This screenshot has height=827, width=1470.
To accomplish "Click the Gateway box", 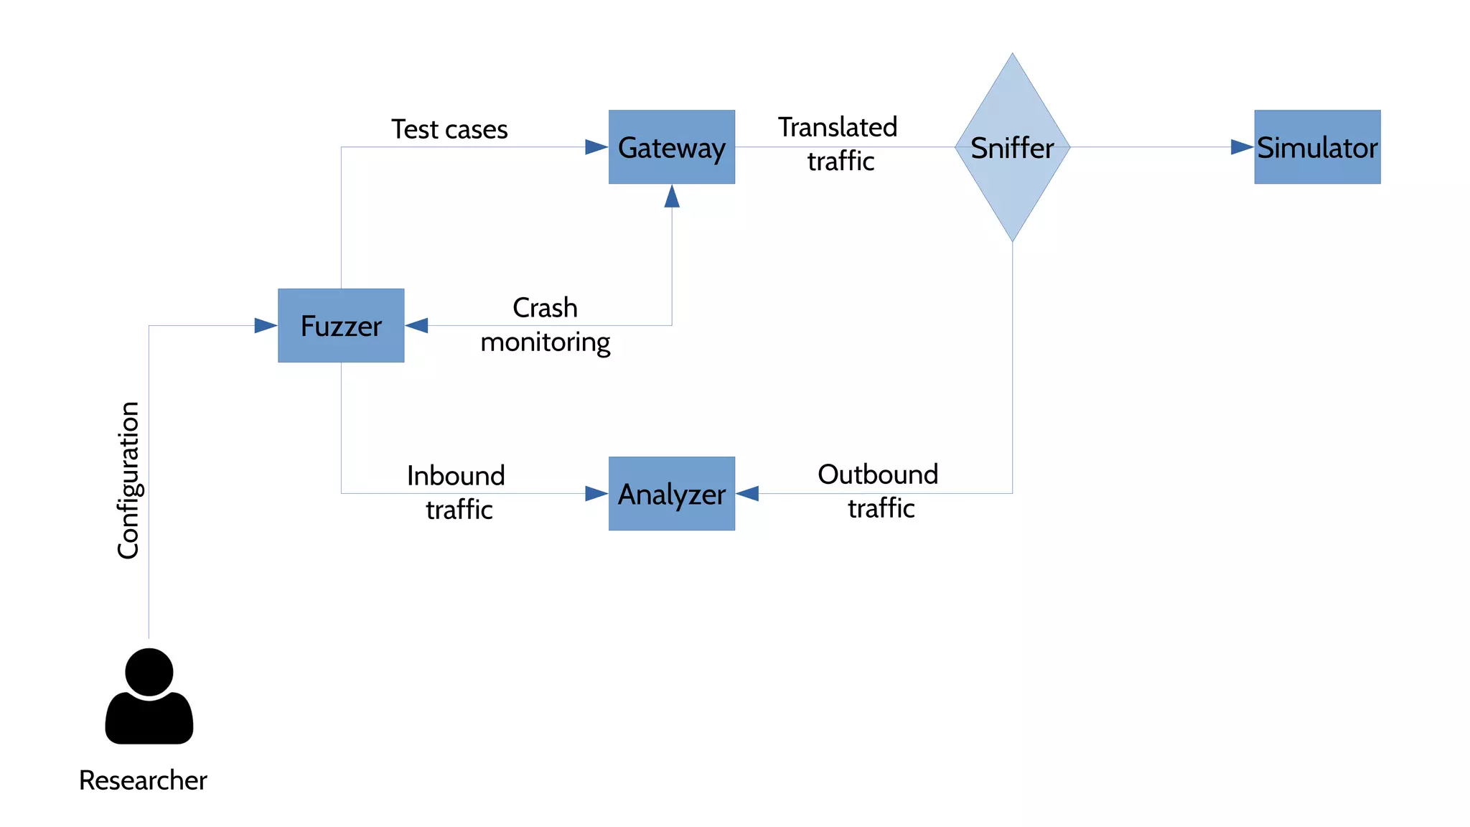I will pyautogui.click(x=671, y=147).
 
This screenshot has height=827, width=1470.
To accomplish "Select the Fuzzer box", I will pyautogui.click(x=341, y=325).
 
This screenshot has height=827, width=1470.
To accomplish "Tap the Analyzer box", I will pyautogui.click(x=671, y=493).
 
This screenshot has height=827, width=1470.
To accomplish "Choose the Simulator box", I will pyautogui.click(x=1317, y=147).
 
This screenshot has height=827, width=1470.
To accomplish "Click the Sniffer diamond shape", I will pyautogui.click(x=1012, y=147).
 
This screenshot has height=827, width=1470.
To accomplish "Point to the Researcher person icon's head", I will pyautogui.click(x=149, y=671).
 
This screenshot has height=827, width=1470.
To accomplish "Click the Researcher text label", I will pyautogui.click(x=143, y=780).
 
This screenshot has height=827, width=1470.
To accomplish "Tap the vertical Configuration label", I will pyautogui.click(x=128, y=480).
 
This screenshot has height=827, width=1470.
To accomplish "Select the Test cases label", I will pyautogui.click(x=449, y=129).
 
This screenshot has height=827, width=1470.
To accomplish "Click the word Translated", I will pyautogui.click(x=838, y=127).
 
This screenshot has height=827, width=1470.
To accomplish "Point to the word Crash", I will pyautogui.click(x=545, y=308).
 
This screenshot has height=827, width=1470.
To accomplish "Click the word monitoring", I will pyautogui.click(x=545, y=342).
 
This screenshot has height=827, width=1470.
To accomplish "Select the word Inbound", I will pyautogui.click(x=456, y=475).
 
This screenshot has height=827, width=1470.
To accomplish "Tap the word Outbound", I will pyautogui.click(x=878, y=475).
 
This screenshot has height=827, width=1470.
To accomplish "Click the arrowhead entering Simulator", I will pyautogui.click(x=1242, y=147).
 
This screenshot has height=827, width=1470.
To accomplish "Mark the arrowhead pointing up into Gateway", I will pyautogui.click(x=672, y=197).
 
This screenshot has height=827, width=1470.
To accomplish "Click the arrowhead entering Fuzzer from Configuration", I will pyautogui.click(x=266, y=326).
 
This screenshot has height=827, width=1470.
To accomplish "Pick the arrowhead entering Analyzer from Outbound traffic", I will pyautogui.click(x=748, y=493).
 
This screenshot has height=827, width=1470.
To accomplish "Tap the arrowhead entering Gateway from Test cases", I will pyautogui.click(x=596, y=147).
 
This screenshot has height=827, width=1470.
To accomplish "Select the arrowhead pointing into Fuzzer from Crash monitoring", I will pyautogui.click(x=417, y=326).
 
